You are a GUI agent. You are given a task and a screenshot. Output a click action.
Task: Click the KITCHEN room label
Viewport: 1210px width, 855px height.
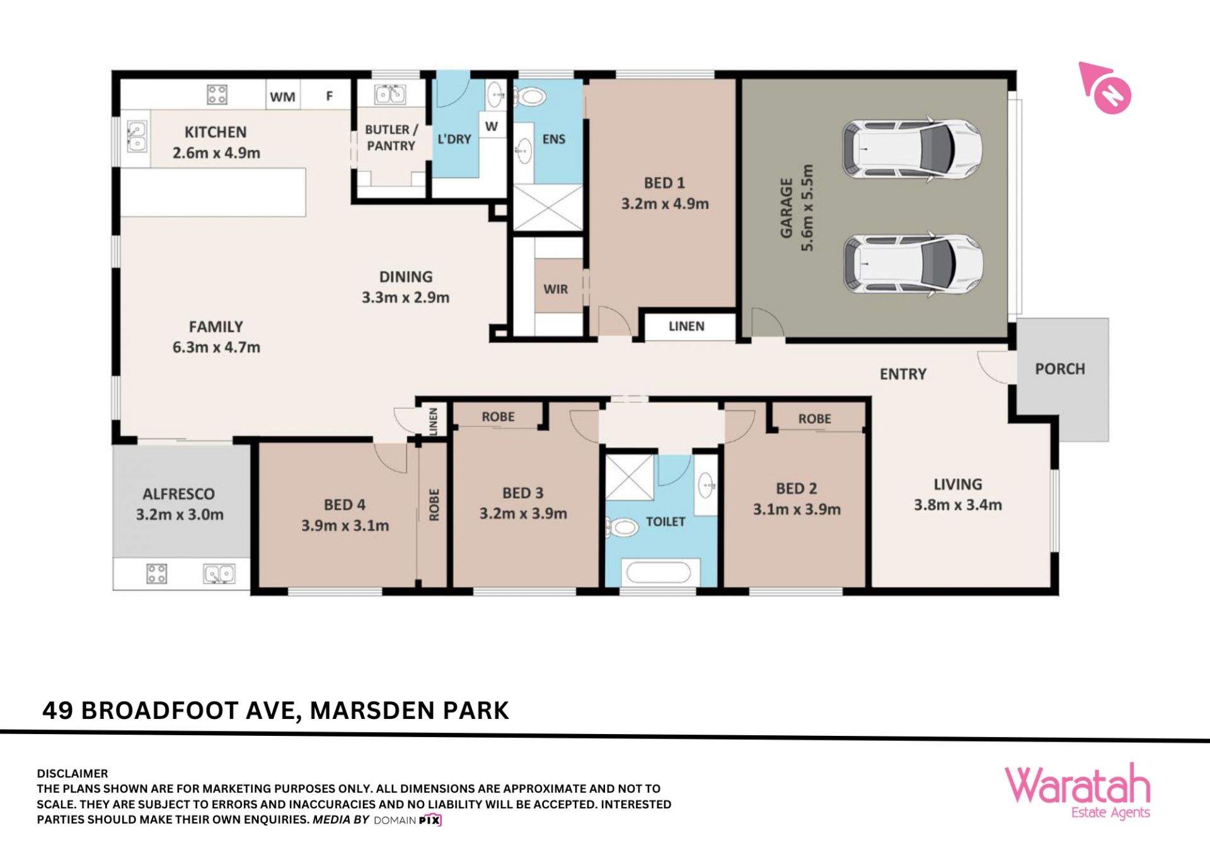[x=216, y=132]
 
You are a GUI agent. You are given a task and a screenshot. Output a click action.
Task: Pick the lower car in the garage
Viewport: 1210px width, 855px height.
[x=913, y=265]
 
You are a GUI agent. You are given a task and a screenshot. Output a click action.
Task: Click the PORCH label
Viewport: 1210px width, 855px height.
[x=1060, y=369]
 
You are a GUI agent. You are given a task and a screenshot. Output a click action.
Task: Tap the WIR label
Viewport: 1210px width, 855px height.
[x=556, y=289]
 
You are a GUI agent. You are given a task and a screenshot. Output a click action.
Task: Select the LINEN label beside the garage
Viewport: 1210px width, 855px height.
[x=686, y=326]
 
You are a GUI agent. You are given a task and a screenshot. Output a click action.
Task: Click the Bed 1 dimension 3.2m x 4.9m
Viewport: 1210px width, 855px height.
[x=665, y=204]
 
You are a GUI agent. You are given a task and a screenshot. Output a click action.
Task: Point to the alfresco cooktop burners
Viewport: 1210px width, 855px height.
[x=157, y=573]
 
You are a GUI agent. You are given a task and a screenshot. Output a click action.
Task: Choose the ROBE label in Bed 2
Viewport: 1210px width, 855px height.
[x=815, y=419]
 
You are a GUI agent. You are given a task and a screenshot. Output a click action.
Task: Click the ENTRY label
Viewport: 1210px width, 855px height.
[x=903, y=374]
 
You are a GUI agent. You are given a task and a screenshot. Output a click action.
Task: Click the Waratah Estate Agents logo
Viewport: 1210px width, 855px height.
[x=1078, y=791]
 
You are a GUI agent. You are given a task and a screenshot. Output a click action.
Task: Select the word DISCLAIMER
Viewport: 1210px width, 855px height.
[x=72, y=773]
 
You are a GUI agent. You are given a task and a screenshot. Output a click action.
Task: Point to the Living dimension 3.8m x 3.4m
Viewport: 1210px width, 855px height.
[x=958, y=505]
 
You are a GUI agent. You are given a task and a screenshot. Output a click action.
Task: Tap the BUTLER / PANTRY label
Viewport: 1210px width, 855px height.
[x=391, y=137]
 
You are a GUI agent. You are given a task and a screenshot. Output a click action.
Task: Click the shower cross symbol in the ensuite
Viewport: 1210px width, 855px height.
[x=548, y=207]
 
